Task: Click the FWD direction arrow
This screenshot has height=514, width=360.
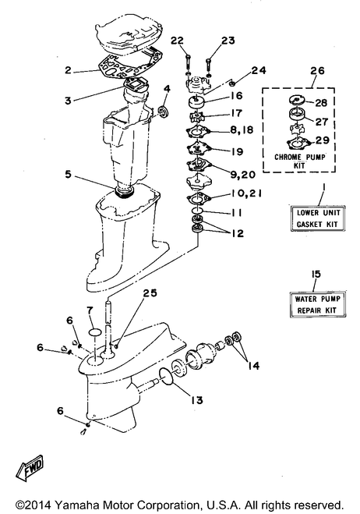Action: [30, 468]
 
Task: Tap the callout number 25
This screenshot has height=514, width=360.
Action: [149, 292]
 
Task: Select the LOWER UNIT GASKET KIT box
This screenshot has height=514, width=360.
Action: [318, 218]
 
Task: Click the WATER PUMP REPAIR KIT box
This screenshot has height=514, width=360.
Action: [317, 304]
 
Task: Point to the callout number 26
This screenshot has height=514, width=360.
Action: [316, 70]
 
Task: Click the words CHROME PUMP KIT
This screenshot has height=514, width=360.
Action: [300, 161]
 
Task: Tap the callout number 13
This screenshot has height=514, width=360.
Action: [196, 400]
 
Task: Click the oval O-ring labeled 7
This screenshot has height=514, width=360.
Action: [95, 332]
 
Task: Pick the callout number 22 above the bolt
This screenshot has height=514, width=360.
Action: [177, 41]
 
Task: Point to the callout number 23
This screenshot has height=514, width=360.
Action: [228, 41]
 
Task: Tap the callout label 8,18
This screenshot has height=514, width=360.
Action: [242, 129]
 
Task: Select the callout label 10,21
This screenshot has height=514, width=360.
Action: [246, 193]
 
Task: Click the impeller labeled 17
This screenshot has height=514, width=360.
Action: [196, 116]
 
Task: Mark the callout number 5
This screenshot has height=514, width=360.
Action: [68, 174]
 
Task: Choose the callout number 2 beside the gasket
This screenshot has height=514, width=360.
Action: [68, 70]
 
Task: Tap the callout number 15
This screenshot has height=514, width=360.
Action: [316, 274]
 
